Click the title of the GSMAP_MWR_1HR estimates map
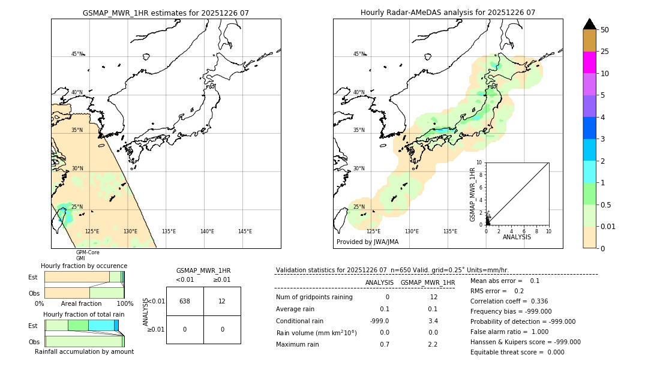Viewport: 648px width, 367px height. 166,13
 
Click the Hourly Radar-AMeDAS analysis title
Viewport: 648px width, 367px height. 448,13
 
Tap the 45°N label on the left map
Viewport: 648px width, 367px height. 77,54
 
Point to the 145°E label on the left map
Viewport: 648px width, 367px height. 245,231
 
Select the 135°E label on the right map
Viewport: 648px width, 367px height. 450,231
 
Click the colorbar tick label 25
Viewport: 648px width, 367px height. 605,52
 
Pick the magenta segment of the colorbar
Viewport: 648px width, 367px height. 589,62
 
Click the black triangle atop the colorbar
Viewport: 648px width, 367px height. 589,24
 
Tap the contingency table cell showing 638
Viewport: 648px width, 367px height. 185,301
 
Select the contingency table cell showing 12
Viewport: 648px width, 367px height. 222,301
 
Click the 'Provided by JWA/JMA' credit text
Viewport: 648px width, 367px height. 367,242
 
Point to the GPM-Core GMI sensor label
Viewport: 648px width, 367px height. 87,255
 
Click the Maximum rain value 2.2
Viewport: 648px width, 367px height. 432,344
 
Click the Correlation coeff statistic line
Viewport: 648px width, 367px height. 509,301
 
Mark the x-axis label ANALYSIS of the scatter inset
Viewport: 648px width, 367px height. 517,237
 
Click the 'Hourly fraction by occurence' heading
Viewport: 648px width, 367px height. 84,266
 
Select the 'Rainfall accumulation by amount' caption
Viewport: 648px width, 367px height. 84,351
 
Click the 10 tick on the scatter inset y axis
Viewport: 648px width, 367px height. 479,163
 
